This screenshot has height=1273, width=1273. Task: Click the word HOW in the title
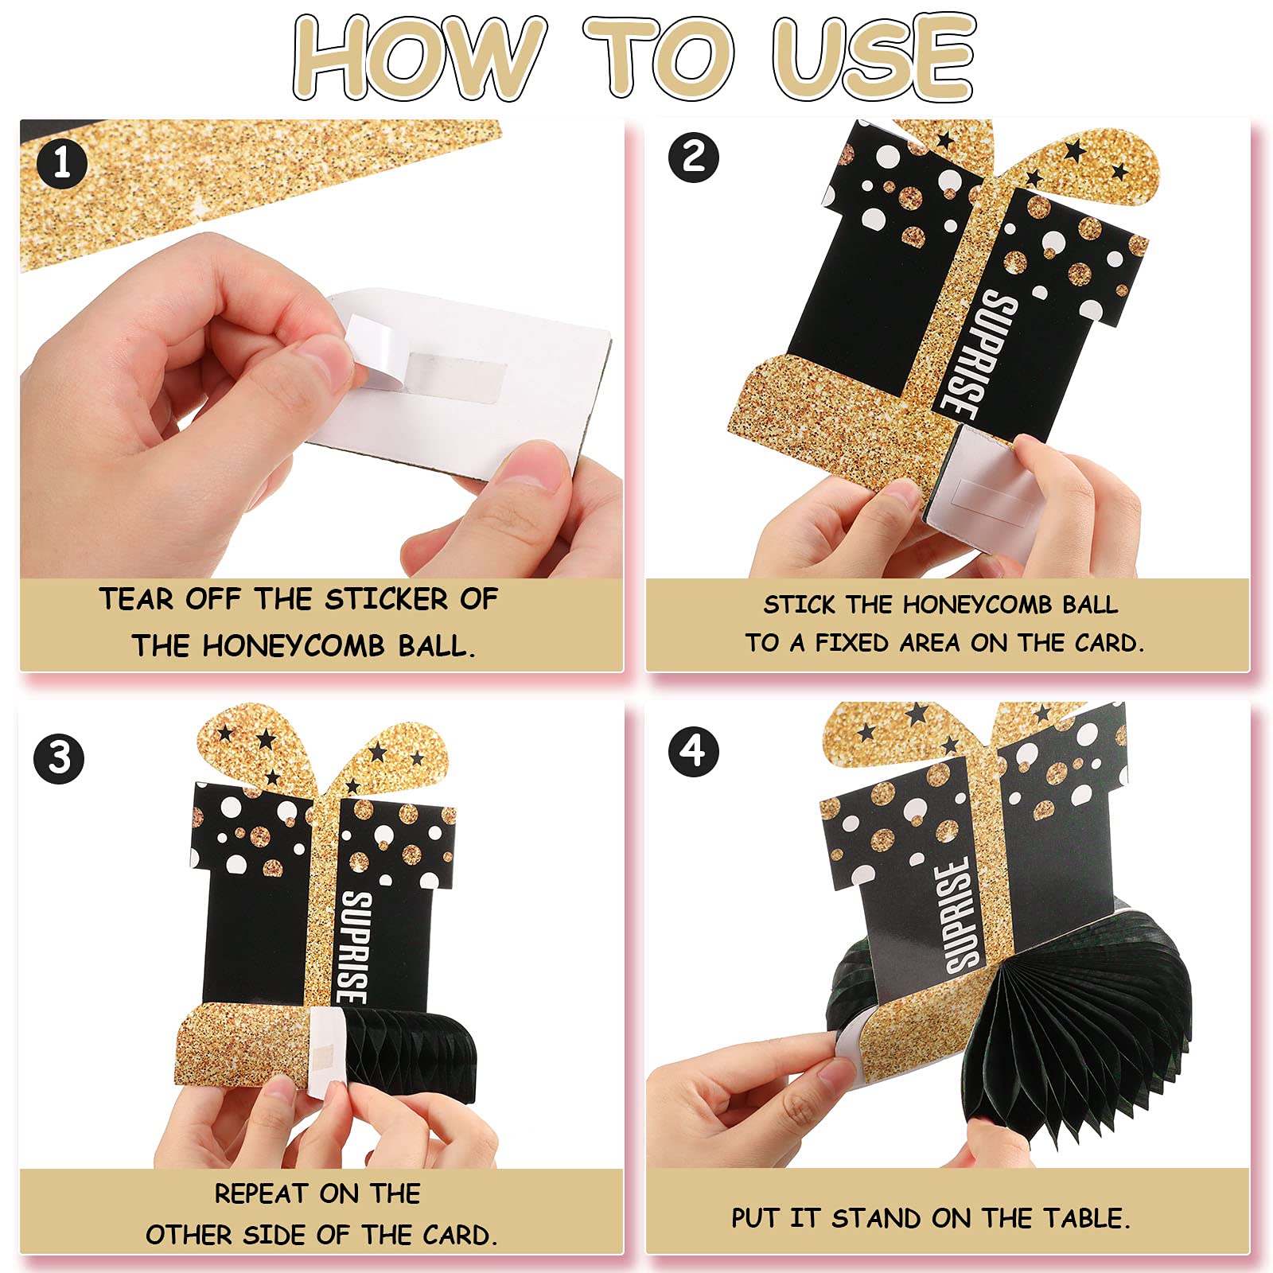pyautogui.click(x=420, y=57)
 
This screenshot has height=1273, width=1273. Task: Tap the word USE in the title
pyautogui.click(x=874, y=57)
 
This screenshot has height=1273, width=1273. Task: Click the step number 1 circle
pyautogui.click(x=61, y=164)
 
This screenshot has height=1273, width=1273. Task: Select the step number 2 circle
pyautogui.click(x=694, y=157)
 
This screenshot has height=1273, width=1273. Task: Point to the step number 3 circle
pyautogui.click(x=60, y=757)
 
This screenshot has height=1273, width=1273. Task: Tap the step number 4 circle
pyautogui.click(x=694, y=751)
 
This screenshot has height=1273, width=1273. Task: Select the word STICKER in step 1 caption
pyautogui.click(x=387, y=599)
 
